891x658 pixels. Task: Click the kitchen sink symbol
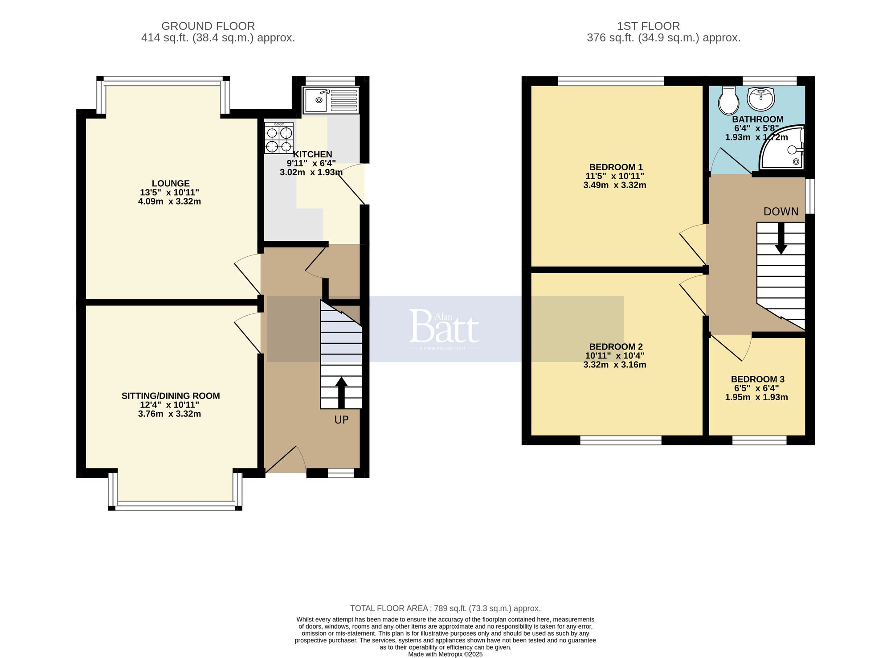pyautogui.click(x=330, y=100)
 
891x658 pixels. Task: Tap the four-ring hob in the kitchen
pyautogui.click(x=279, y=138)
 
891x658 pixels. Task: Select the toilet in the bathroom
pyautogui.click(x=728, y=101)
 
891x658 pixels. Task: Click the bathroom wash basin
pyautogui.click(x=761, y=99)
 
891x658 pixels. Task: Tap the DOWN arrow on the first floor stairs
pyautogui.click(x=781, y=239)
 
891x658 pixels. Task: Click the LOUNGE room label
pyautogui.click(x=171, y=183)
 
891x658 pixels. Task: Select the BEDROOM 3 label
pyautogui.click(x=757, y=379)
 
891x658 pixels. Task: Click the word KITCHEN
pyautogui.click(x=312, y=154)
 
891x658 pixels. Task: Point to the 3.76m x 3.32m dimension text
pyautogui.click(x=169, y=414)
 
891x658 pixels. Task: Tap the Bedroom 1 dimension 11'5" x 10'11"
pyautogui.click(x=615, y=176)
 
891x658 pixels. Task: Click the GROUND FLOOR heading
pyautogui.click(x=208, y=26)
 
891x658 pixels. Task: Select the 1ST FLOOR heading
pyautogui.click(x=648, y=26)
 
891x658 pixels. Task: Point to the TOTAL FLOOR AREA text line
pyautogui.click(x=445, y=608)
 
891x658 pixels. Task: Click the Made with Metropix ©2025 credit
pyautogui.click(x=445, y=654)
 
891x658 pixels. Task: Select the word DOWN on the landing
pyautogui.click(x=781, y=212)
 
